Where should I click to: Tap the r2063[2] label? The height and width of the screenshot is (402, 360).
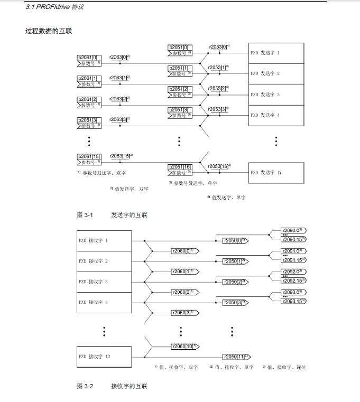pos(119,99)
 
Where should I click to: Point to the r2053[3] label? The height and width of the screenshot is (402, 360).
pos(218,109)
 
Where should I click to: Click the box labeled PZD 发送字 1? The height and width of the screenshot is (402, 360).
pos(276,53)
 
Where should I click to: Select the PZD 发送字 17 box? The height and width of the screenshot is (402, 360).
pos(276,172)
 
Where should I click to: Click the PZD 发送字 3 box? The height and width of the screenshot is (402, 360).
pos(276,95)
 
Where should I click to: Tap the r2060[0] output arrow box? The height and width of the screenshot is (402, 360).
pos(183,251)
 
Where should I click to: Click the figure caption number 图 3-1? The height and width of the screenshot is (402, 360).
pos(85,215)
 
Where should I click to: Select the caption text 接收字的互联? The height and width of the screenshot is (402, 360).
pos(129,387)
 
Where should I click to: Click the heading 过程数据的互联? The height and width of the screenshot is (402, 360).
pos(49,31)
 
